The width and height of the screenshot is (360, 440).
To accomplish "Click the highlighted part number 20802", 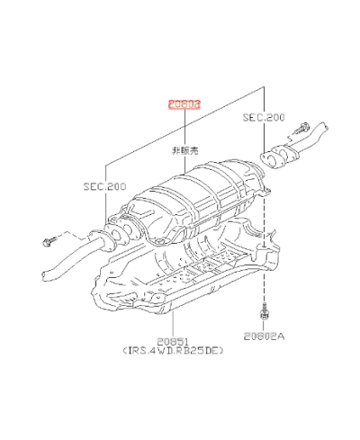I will [182, 103].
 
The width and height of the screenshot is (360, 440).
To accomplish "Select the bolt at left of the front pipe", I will [49, 240].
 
